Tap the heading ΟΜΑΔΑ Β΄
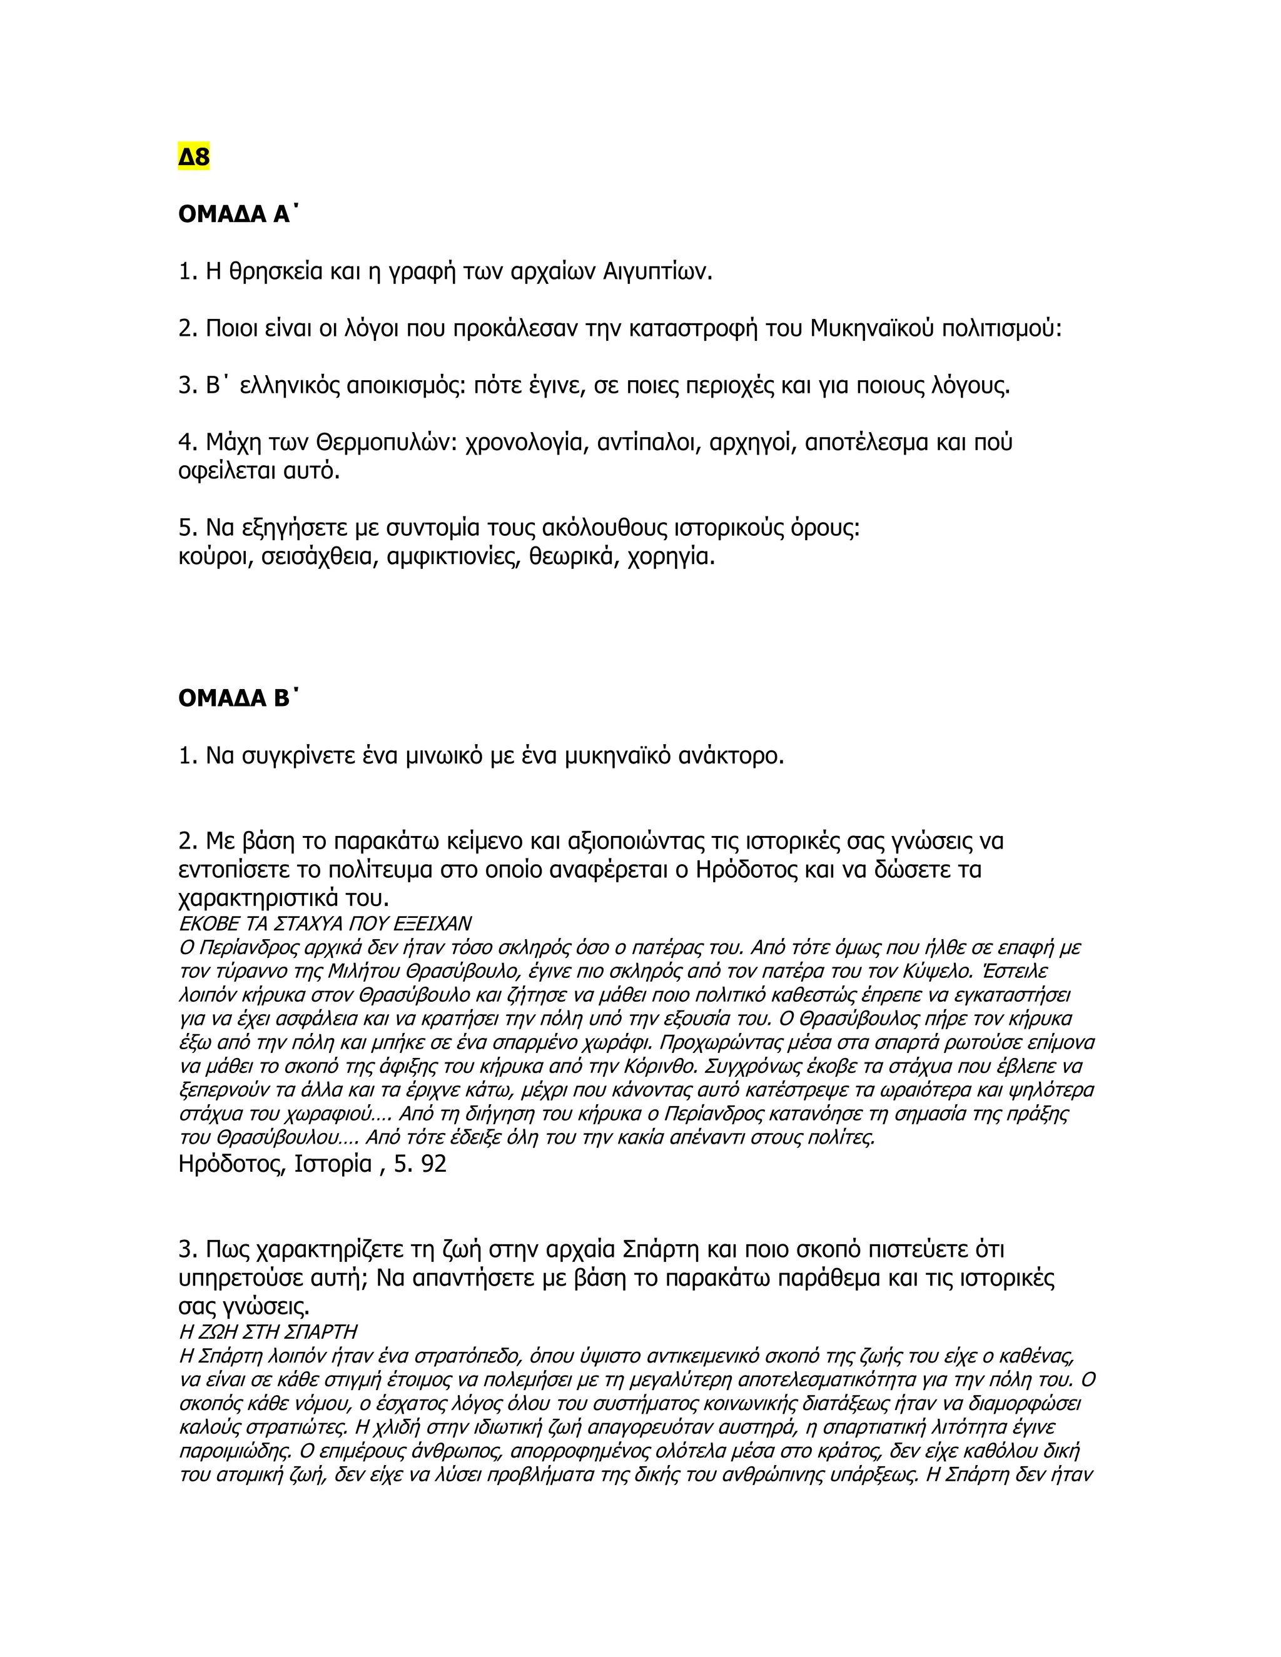(234, 699)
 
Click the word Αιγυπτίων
(657, 271)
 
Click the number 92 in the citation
(433, 1164)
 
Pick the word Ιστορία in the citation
(332, 1164)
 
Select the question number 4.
(186, 442)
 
